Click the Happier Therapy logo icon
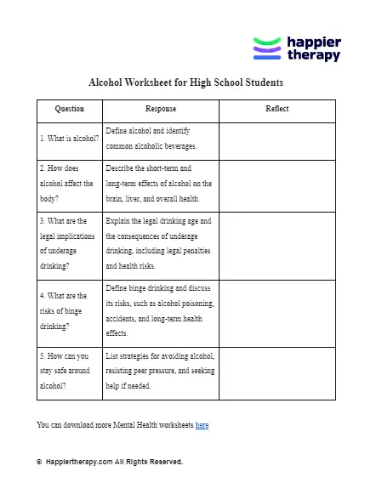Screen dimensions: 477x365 coord(267,48)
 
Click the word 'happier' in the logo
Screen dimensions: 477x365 coord(313,42)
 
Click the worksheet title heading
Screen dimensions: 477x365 coord(186,83)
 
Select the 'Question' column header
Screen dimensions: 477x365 coord(69,110)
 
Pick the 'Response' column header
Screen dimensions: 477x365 coord(161,110)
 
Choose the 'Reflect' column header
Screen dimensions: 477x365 coord(277,110)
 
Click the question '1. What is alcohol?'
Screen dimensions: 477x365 coord(69,138)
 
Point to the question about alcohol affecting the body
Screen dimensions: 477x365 coord(67,183)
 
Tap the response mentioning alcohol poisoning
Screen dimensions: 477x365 coord(159,310)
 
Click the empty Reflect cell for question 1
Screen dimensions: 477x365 coord(277,139)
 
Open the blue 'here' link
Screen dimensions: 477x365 coord(202,423)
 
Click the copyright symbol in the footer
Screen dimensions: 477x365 coord(39,462)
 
